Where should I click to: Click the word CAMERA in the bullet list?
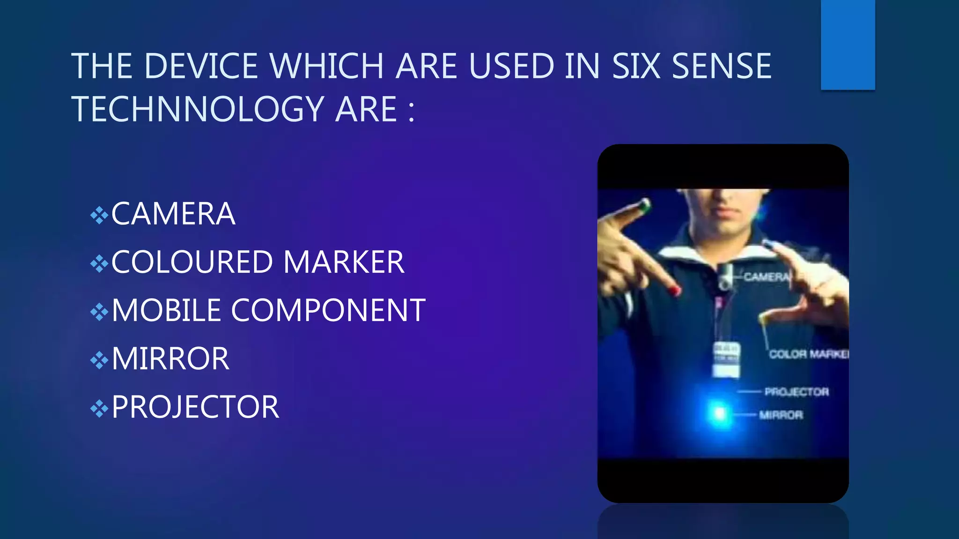coord(173,214)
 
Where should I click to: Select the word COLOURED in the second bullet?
coord(192,262)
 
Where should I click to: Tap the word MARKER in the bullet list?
coord(344,262)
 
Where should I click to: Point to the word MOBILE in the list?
coord(166,311)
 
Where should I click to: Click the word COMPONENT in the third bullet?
coord(328,311)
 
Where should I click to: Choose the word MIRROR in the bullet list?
coord(170,359)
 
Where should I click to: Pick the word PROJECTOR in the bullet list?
coord(195,407)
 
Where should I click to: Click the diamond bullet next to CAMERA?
coord(99,216)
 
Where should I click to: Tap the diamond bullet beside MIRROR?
coord(99,360)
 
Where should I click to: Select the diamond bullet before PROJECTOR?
coord(99,408)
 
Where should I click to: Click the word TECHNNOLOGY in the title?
coord(197,109)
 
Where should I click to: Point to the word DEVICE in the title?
coord(204,66)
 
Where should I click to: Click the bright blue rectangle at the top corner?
coord(848,44)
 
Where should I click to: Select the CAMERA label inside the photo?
coord(766,277)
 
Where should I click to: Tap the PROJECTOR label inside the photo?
coord(797,392)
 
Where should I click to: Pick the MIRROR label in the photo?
coord(781,415)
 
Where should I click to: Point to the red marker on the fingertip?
coord(675,291)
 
